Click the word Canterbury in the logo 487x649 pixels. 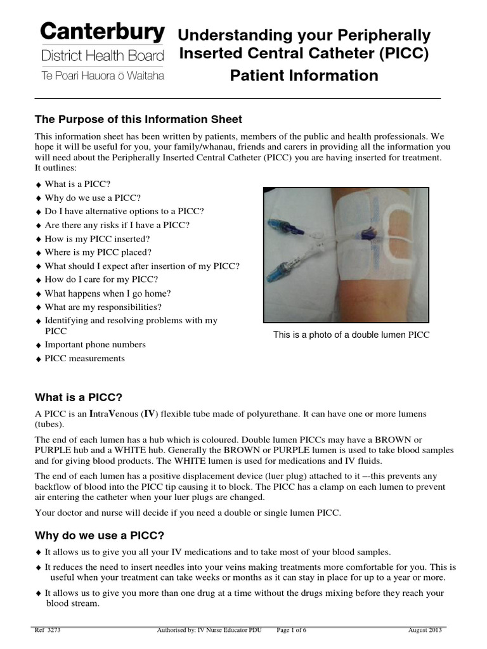103,31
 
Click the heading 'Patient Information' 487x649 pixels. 304,76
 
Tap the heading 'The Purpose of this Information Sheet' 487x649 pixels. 138,120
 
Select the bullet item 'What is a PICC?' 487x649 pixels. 77,184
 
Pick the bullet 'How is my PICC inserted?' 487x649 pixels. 97,239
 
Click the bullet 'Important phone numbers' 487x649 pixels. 94,345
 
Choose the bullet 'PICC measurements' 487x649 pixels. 84,359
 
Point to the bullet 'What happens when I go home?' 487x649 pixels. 107,293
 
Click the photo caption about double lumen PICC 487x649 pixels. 351,335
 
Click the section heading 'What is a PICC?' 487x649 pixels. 78,397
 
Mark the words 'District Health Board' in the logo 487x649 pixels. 103,55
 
